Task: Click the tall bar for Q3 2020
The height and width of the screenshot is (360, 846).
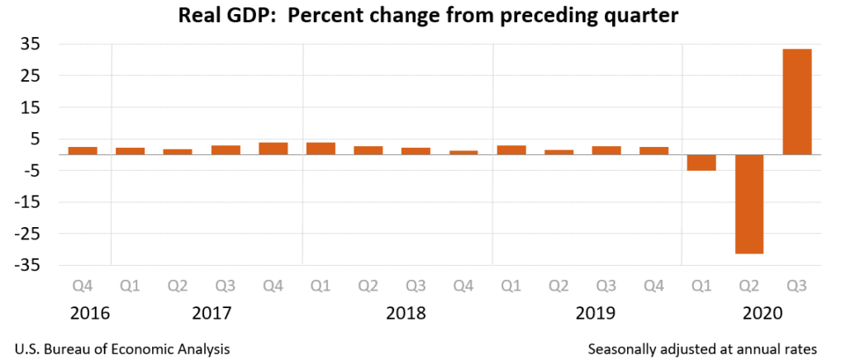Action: click(797, 102)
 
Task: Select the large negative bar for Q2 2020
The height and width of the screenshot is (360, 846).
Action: click(749, 204)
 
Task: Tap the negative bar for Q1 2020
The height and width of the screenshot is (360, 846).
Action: click(701, 163)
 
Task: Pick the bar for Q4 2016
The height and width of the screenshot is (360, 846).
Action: click(83, 150)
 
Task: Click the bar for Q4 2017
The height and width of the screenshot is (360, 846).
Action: click(273, 149)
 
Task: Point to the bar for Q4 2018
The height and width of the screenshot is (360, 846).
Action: click(463, 152)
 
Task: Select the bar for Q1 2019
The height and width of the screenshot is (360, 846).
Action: click(511, 149)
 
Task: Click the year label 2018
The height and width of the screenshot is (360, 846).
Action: click(405, 314)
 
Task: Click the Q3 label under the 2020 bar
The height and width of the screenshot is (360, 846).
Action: click(797, 287)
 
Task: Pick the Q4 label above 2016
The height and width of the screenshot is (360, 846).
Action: click(83, 287)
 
